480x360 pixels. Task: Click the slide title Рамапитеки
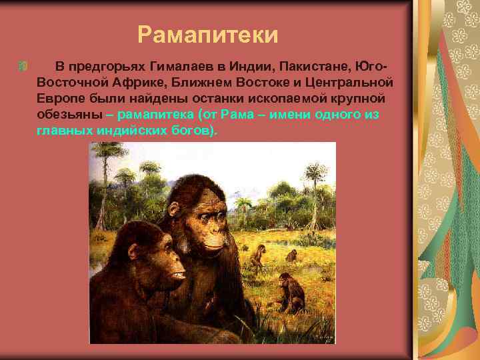pos(207,33)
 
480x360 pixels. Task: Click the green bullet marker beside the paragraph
pos(23,67)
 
